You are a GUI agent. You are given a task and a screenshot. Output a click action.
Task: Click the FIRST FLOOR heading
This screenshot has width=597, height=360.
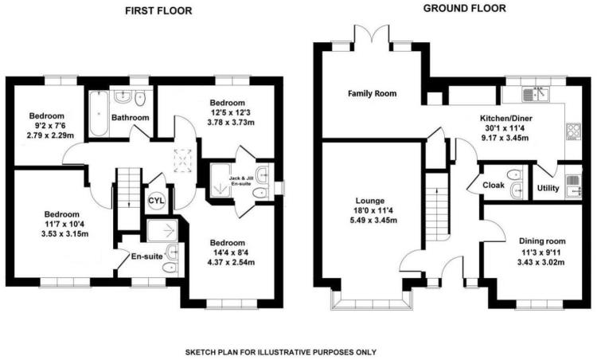(x=158, y=10)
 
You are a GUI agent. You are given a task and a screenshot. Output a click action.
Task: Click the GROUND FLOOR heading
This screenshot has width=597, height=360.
(x=465, y=8)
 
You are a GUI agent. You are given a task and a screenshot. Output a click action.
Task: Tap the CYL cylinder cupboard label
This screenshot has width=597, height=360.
(x=156, y=201)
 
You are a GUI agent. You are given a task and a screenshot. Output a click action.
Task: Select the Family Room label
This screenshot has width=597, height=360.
(x=372, y=93)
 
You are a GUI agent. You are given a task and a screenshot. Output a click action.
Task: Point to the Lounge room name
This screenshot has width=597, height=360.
(x=369, y=201)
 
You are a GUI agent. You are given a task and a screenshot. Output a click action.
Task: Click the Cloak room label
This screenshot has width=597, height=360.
(x=494, y=185)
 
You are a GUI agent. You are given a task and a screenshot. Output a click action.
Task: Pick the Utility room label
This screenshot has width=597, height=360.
(x=548, y=188)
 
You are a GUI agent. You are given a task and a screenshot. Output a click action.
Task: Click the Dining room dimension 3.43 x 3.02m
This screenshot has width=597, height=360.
(x=540, y=262)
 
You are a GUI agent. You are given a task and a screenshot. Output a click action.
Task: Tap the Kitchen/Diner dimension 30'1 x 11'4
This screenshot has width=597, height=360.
(x=505, y=128)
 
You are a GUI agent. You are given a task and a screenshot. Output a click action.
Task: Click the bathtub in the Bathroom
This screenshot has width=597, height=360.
(x=99, y=113)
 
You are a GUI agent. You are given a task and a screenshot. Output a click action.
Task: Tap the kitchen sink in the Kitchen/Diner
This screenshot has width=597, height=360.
(x=535, y=94)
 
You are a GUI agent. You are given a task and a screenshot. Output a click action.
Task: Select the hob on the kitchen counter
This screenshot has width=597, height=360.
(x=573, y=131)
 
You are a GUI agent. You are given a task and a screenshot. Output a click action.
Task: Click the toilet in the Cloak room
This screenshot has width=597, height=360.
(x=514, y=174)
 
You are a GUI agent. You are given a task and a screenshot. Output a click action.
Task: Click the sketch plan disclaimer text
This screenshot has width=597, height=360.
(x=281, y=352)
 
